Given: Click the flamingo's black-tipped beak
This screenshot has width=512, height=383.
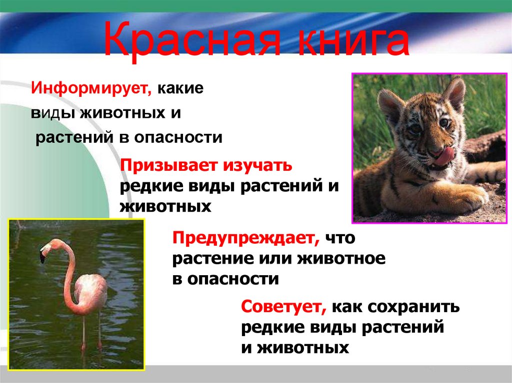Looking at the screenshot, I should (43, 257).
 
